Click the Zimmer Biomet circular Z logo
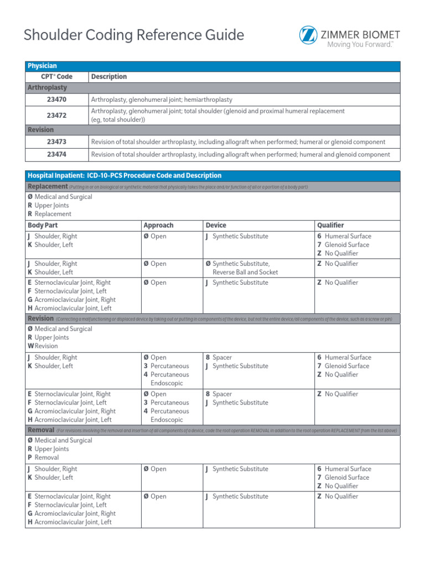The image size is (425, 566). click(308, 35)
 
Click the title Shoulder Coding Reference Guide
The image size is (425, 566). click(133, 35)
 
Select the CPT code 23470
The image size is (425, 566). click(57, 99)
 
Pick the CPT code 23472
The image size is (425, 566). click(57, 115)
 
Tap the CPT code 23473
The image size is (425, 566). click(57, 142)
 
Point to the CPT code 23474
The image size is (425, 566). click(57, 155)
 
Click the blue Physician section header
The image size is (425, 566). click(42, 66)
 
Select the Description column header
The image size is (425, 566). click(109, 77)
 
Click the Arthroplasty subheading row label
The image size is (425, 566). click(48, 87)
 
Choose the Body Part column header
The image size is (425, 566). click(43, 226)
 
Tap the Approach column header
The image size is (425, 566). click(158, 226)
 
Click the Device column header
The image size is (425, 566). click(216, 226)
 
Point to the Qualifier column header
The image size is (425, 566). click(330, 226)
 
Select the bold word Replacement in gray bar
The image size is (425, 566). click(48, 187)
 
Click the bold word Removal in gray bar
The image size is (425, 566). click(40, 430)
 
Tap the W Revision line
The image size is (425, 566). click(43, 346)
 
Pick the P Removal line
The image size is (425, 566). click(43, 458)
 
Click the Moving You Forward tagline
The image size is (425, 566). click(360, 44)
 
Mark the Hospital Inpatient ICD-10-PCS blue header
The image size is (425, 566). click(125, 176)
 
